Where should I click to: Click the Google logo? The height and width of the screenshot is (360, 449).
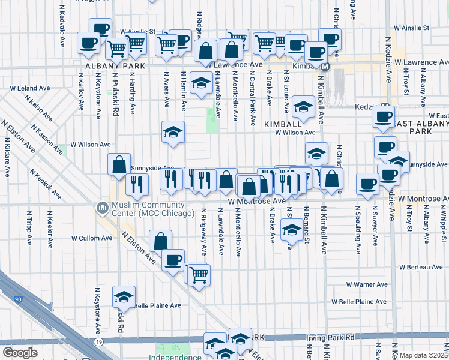coord(20,353)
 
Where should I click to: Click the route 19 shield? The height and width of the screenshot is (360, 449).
coord(97,341)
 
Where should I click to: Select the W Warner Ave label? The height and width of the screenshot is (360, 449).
coord(367,284)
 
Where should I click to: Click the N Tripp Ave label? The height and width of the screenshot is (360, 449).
coord(29,229)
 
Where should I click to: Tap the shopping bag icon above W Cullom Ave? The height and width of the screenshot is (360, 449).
coord(160,241)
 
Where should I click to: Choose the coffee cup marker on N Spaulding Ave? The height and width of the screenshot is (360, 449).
coord(367,184)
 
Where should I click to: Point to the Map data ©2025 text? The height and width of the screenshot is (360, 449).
coord(423,355)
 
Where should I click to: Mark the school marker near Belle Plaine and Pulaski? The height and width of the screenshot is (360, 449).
coord(124,296)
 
